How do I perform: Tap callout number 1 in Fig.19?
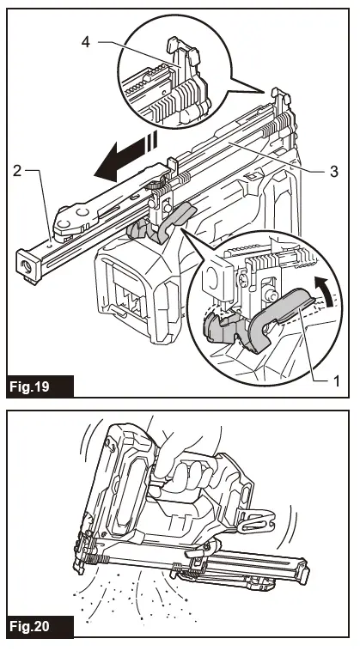335,380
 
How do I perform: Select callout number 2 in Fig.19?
17,171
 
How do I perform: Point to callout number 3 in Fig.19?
334,172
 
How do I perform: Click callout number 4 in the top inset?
86,42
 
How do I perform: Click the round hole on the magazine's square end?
27,265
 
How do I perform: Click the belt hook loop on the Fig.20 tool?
257,520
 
